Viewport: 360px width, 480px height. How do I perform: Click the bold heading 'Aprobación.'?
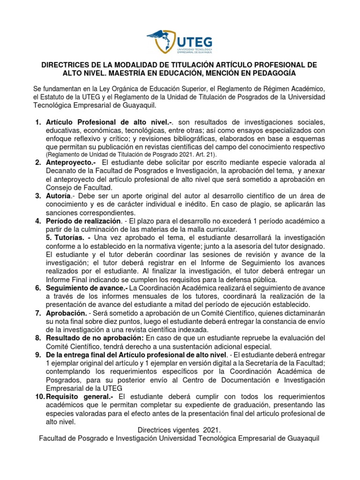(x=67, y=313)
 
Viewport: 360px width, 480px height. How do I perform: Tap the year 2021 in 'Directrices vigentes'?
(x=210, y=430)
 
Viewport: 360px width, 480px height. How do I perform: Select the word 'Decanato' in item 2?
(x=62, y=171)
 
